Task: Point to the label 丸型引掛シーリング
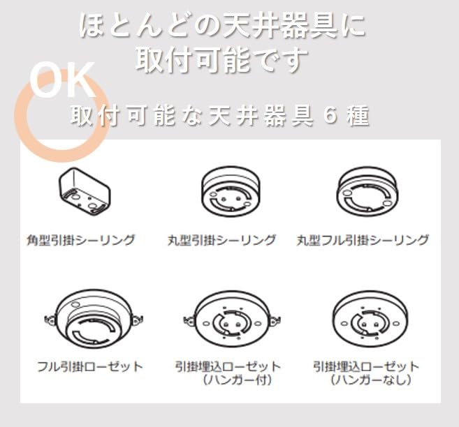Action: (x=221, y=240)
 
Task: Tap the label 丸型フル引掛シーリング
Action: (x=362, y=240)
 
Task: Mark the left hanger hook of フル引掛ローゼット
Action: (x=50, y=320)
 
